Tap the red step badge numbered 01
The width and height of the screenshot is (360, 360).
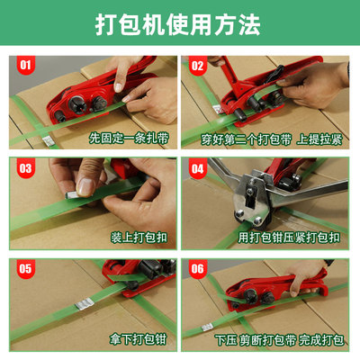click(24, 65)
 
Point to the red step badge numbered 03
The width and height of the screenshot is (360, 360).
click(24, 167)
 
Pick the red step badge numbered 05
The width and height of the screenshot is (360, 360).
click(24, 267)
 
